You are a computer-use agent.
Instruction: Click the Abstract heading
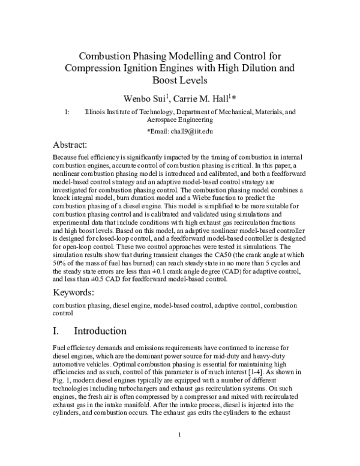[70, 146]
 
